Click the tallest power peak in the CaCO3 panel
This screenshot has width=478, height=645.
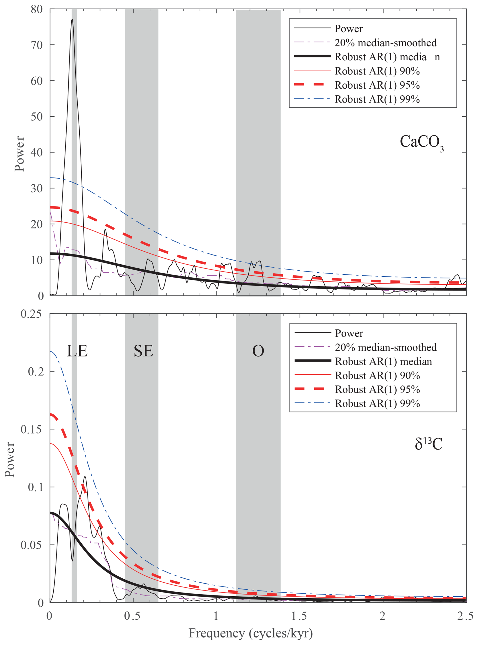coord(72,19)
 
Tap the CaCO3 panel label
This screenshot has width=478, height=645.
coord(421,143)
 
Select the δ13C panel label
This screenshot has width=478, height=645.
coord(428,444)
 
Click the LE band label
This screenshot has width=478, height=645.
coord(77,351)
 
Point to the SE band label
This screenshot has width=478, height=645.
coord(143,351)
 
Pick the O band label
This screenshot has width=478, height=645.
coord(258,351)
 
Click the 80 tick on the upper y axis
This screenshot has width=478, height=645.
coord(37,9)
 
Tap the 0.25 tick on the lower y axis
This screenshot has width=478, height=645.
coord(31,314)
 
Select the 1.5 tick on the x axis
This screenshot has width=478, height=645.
coord(299,616)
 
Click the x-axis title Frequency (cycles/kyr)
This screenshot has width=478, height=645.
coord(251,633)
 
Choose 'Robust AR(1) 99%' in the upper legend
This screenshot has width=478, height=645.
coord(377,99)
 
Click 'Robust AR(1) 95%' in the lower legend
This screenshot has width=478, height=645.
coord(377,389)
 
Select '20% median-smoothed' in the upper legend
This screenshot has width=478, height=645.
coord(386,43)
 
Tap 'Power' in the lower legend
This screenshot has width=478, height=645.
coord(349,333)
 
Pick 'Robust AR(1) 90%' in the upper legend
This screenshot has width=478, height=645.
coord(377,71)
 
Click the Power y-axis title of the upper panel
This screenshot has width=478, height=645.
coord(20,153)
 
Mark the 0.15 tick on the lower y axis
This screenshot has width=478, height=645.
coord(31,429)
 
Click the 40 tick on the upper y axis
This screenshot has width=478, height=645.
coord(37,152)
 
